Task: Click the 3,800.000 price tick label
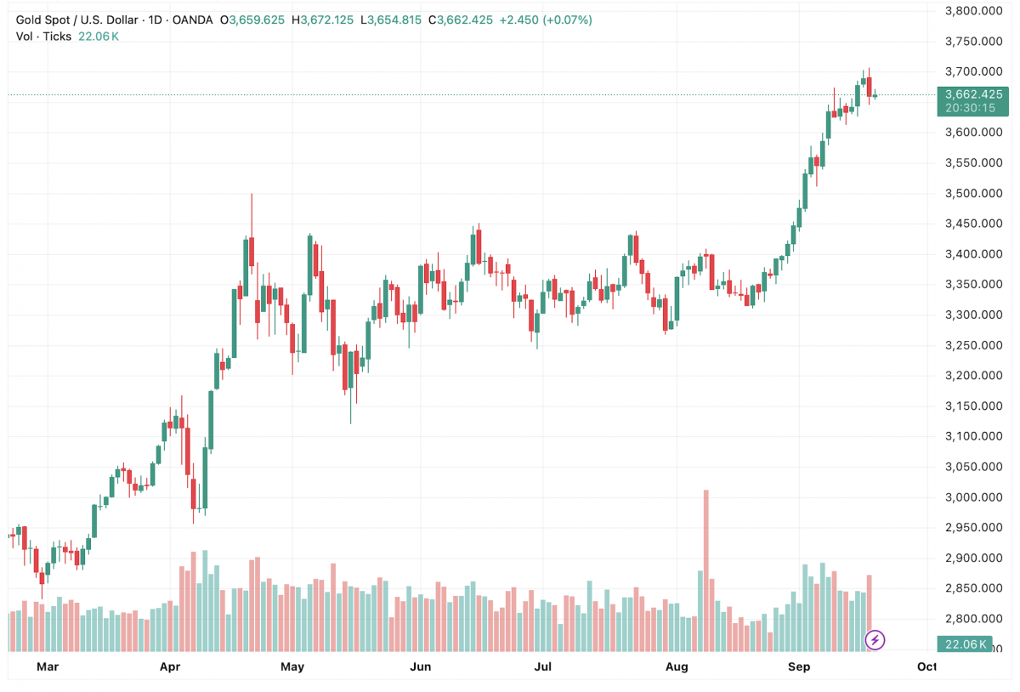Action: [974, 11]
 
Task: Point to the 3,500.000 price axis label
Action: [974, 193]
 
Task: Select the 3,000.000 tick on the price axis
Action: [974, 497]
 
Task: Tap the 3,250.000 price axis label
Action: [974, 345]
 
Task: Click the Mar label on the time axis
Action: [48, 666]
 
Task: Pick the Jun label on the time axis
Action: [420, 666]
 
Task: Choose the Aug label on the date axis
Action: [677, 666]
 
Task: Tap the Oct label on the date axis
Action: [926, 666]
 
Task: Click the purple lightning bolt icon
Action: [875, 639]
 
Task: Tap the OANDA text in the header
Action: [192, 20]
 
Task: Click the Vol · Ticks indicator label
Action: [43, 37]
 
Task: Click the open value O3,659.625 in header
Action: [252, 20]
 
